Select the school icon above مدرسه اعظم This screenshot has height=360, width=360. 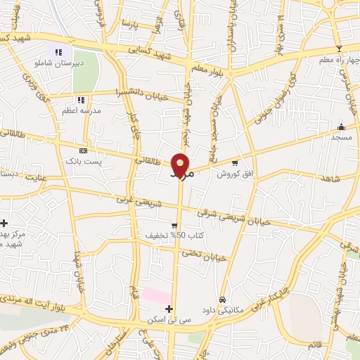[x=81, y=100]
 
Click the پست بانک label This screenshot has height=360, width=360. [x=79, y=161]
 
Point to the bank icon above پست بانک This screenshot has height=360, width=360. [x=84, y=150]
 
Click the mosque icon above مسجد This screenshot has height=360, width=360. [x=342, y=127]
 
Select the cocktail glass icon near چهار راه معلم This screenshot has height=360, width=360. [x=339, y=48]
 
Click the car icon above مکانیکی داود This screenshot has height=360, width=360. [x=223, y=299]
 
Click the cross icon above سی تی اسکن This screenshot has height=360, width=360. [x=168, y=308]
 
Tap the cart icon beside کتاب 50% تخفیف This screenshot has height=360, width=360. [x=174, y=225]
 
